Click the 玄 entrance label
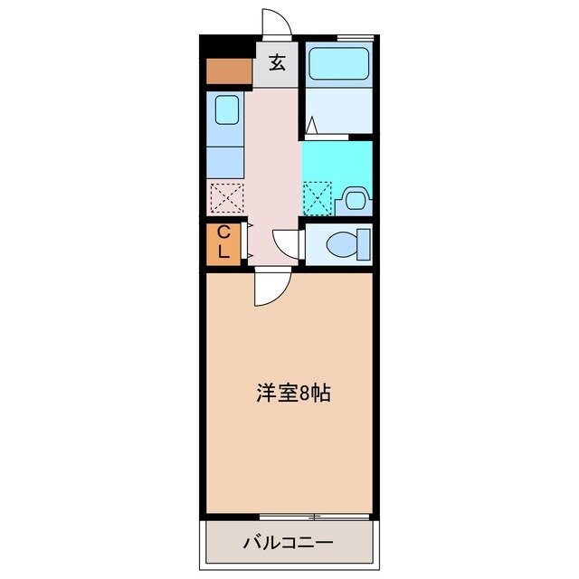coord(277,63)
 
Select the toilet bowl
coord(341,243)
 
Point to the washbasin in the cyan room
coord(355,198)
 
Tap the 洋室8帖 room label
coord(292,394)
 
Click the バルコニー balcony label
coord(289,544)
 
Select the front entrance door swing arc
coord(276,24)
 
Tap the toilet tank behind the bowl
coord(364,243)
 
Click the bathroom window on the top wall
coord(355,37)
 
